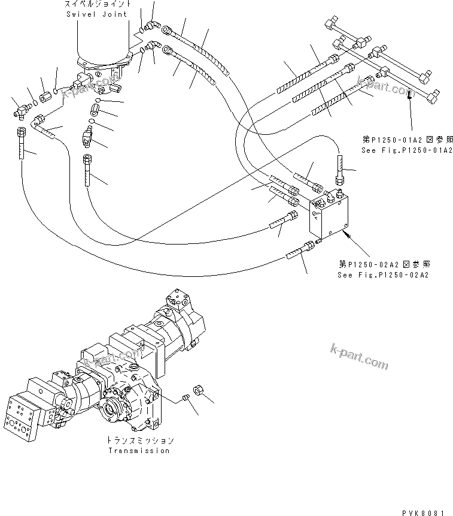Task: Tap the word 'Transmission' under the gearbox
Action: [x=138, y=451]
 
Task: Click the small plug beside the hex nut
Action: [x=186, y=397]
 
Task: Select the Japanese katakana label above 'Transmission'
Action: [x=138, y=440]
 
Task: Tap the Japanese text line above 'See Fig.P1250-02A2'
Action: [x=384, y=264]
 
